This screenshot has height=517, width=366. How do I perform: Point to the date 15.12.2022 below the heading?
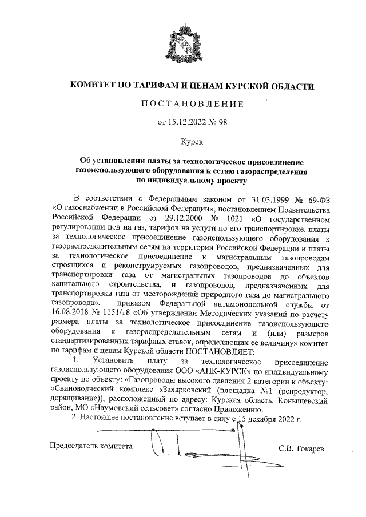click(x=187, y=121)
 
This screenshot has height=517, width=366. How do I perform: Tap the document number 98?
click(x=222, y=121)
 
